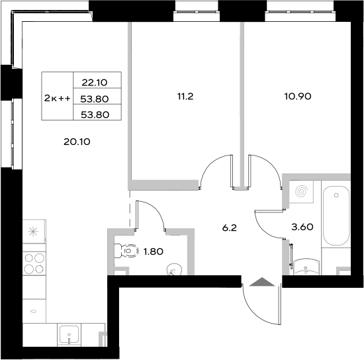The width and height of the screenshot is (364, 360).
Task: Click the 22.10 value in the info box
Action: pos(93,83)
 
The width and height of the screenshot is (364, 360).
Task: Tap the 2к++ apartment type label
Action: pos(57,98)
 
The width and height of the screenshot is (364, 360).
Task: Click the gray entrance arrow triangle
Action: pos(261,283)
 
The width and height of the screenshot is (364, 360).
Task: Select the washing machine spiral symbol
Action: pos(302,192)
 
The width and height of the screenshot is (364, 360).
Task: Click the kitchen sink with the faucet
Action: pos(69,334)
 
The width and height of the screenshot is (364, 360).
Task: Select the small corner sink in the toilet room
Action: pos(173,268)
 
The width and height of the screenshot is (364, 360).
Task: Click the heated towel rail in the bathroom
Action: pos(290,253)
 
